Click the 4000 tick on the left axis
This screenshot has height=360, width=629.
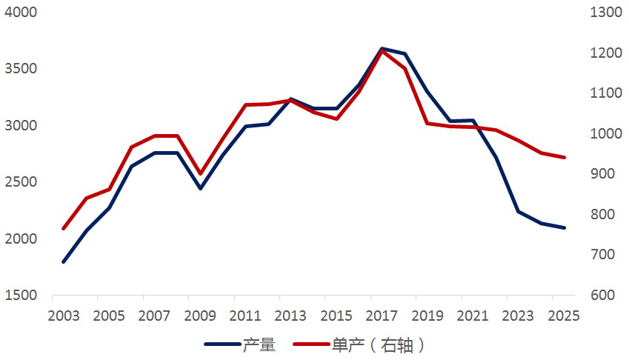(21, 12)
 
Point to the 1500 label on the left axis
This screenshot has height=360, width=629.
(21, 295)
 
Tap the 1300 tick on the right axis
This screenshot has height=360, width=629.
(606, 12)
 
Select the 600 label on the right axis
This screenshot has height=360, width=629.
(602, 295)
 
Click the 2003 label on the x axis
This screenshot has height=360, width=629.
(64, 316)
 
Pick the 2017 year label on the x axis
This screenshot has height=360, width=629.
(382, 316)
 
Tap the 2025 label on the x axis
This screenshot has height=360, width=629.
(564, 316)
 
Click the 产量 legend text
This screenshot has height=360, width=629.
(259, 344)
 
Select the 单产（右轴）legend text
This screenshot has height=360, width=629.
(378, 344)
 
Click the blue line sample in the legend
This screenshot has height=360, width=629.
(222, 344)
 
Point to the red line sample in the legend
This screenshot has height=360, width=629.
(311, 344)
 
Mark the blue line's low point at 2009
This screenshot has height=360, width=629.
(201, 188)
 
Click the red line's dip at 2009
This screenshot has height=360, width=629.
(201, 173)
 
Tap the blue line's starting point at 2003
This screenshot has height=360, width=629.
(64, 261)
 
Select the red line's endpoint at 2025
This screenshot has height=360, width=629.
(564, 158)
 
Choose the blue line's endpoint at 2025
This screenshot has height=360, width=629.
(564, 227)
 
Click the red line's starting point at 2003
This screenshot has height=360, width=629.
(64, 228)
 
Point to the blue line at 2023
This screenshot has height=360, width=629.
(519, 211)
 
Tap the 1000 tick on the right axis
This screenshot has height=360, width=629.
(606, 133)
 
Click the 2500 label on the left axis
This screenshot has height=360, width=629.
(21, 182)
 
